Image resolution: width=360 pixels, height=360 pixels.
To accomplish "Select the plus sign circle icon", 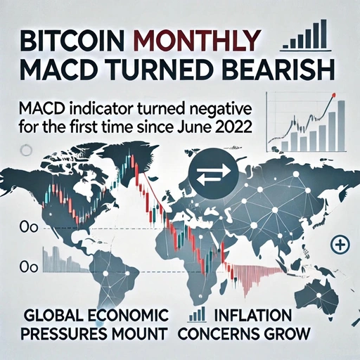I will point(340,245).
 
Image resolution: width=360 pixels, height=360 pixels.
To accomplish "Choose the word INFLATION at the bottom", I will point(251,312).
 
